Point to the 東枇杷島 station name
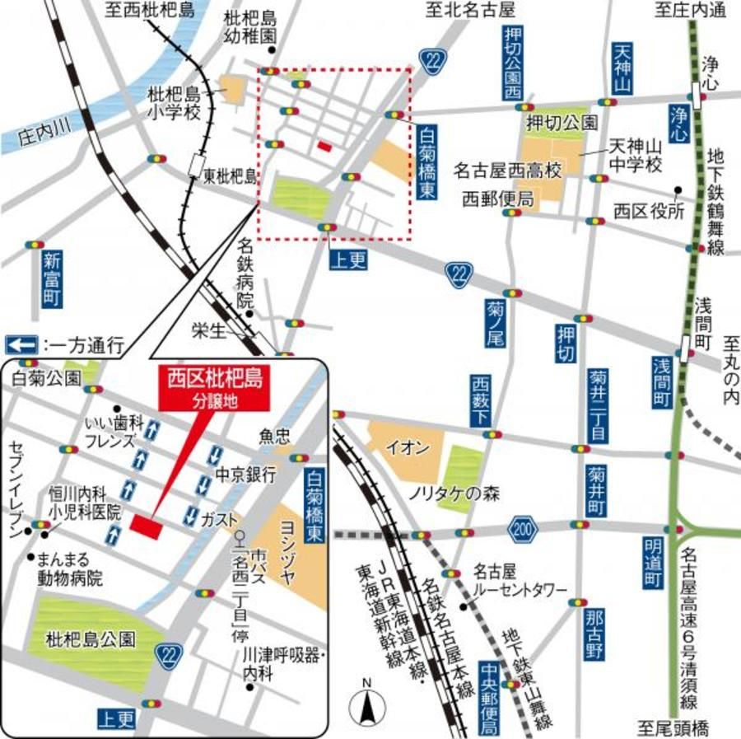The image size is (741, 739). pyautogui.click(x=231, y=175)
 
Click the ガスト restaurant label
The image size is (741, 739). pyautogui.click(x=218, y=520)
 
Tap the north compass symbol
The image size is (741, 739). pyautogui.click(x=367, y=705)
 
